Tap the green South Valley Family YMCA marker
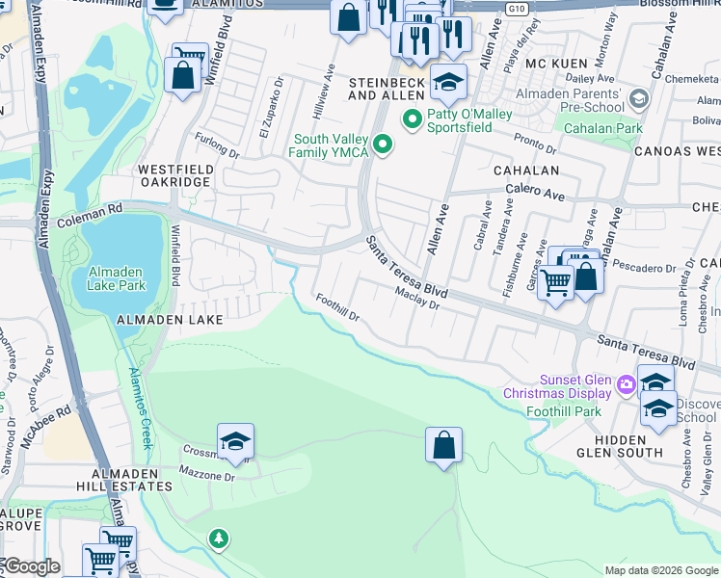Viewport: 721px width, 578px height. point(384,145)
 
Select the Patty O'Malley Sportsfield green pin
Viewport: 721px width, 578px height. point(412,119)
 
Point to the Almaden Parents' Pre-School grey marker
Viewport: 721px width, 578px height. point(637,99)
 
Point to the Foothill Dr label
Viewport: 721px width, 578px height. point(337,308)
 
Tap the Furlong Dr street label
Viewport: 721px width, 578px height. point(216,146)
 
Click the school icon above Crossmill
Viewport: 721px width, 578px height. point(235,442)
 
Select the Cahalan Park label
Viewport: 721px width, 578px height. point(602,128)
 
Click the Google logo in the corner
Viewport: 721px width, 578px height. point(31,566)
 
